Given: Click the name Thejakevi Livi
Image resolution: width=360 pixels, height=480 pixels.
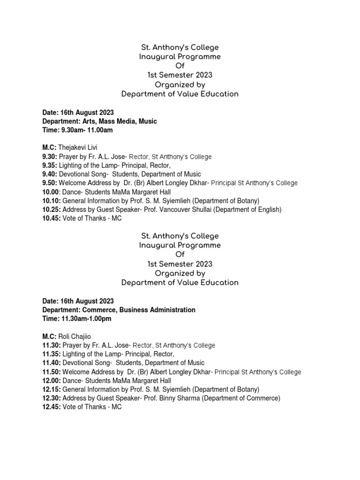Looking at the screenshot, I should [79, 148].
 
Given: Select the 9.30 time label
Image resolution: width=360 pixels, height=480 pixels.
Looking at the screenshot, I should [50, 157].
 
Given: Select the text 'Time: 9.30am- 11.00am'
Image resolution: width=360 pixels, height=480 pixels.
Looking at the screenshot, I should [77, 130].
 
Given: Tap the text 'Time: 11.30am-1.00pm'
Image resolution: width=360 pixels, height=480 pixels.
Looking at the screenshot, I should [77, 319].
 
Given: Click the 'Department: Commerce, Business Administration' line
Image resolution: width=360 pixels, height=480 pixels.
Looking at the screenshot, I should [119, 310].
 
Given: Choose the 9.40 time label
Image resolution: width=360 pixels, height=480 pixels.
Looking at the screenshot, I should [50, 174].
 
